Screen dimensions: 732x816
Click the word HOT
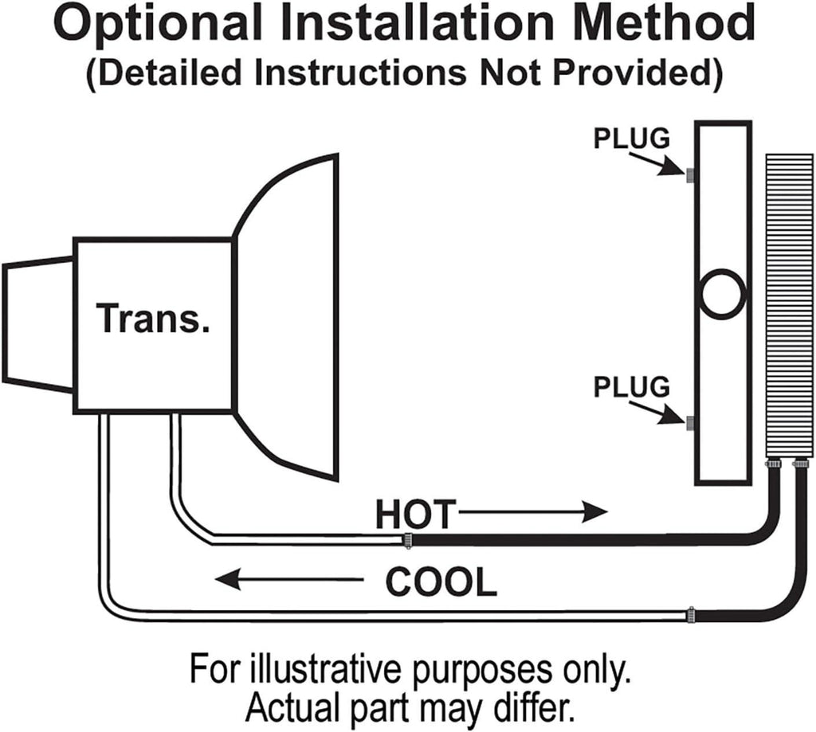tap(414, 514)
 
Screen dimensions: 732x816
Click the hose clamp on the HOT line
tap(407, 541)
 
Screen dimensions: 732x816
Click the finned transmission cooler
tap(789, 303)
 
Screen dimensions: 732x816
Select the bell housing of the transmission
tap(287, 319)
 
